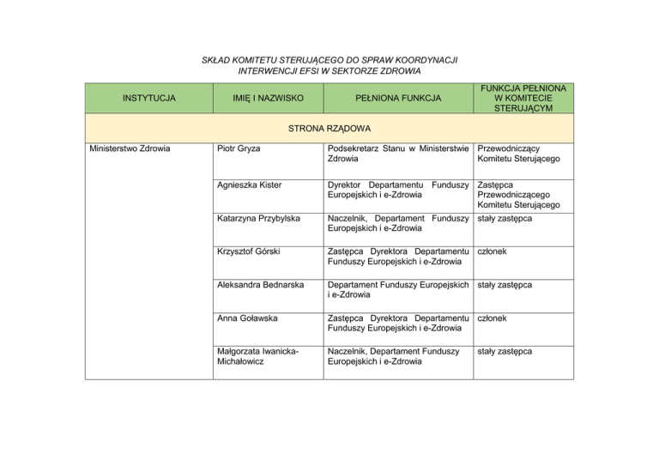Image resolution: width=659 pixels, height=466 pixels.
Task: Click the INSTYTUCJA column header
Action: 149,98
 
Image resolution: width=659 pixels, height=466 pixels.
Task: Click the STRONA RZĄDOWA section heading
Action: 329,130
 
